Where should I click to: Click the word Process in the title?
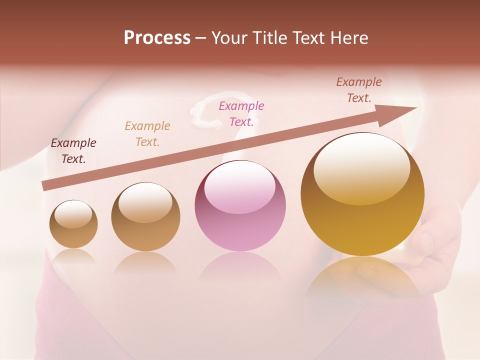point(157,38)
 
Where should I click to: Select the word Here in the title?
point(348,38)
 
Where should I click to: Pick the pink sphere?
point(240,206)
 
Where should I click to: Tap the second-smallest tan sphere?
point(145,217)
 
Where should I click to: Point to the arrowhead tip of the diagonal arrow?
point(416,107)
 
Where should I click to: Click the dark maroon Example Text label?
point(73,151)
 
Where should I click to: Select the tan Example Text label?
point(147,134)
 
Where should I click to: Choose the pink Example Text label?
point(241,113)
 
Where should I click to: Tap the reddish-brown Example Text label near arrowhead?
point(359,90)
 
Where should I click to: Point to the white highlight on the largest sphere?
point(361,168)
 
